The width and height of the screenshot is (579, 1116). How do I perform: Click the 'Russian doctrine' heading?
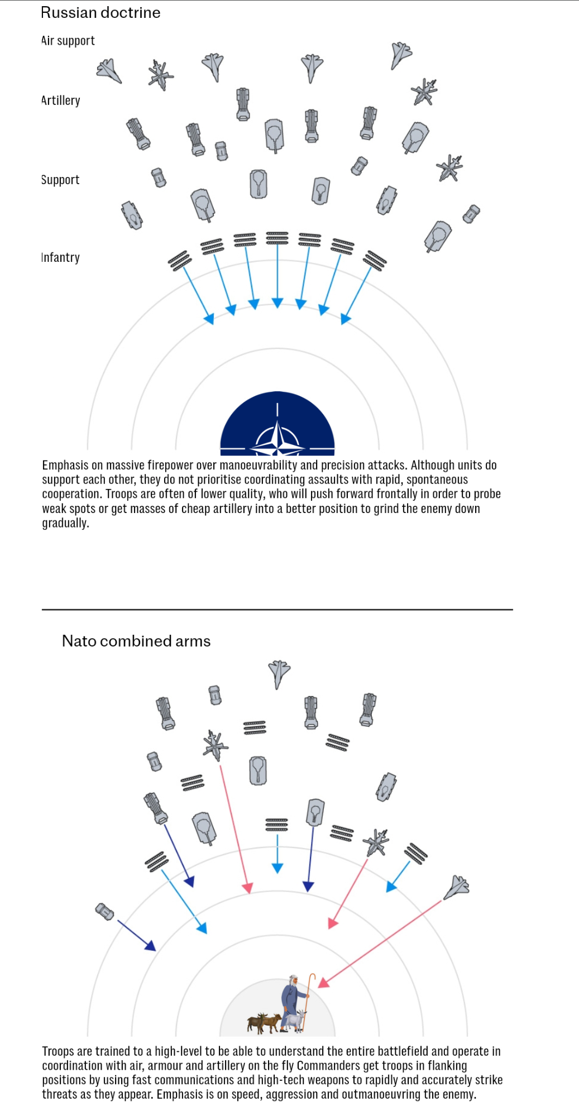[101, 13]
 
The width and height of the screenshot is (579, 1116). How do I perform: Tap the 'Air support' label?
[68, 41]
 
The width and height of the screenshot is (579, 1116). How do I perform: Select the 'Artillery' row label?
[61, 100]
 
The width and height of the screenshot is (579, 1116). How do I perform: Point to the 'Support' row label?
[60, 180]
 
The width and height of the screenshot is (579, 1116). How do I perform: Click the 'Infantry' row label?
[61, 257]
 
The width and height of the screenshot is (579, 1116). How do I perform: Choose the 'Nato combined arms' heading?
[136, 641]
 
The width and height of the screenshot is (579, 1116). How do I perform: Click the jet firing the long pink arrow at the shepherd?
[457, 887]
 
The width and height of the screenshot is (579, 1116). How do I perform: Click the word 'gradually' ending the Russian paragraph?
[65, 524]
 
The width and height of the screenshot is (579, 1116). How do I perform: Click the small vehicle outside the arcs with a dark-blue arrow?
[105, 911]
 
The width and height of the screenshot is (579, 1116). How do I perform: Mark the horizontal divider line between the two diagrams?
[277, 610]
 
